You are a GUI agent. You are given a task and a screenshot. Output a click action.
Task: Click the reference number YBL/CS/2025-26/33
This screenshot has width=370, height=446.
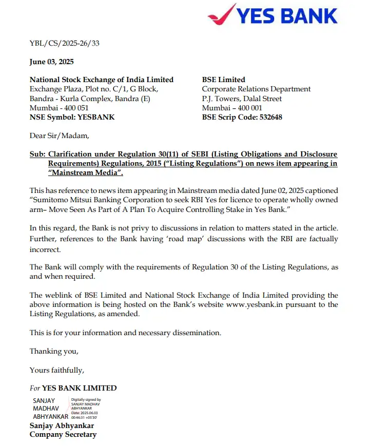point(64,43)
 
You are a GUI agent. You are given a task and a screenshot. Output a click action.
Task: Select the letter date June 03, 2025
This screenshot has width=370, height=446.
point(51,62)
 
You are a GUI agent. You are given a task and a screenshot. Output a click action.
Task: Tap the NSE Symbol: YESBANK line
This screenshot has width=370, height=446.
point(72,117)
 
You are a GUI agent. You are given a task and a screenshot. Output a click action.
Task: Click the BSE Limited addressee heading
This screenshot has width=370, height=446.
point(223,80)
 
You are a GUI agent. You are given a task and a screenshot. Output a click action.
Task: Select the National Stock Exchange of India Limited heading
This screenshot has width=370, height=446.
point(102,80)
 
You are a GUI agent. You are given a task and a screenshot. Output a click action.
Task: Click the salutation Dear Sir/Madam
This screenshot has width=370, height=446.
point(59,135)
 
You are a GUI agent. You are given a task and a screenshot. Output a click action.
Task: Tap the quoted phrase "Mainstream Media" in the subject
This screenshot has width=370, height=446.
point(81,172)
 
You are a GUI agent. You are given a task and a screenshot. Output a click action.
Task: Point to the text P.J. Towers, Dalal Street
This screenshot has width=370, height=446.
point(242,99)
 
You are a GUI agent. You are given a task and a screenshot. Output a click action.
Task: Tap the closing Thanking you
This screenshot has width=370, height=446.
point(54,351)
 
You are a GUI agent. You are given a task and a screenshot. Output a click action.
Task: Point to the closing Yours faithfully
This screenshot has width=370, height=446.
point(56,370)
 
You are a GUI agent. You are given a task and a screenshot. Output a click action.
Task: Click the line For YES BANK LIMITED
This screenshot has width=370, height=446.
point(73,388)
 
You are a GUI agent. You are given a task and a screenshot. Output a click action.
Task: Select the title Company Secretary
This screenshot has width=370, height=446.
point(63,435)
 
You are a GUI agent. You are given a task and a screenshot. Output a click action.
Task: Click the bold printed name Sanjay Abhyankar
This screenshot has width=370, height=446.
point(62,425)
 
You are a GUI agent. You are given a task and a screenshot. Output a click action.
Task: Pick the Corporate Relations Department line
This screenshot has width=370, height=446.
point(256,89)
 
